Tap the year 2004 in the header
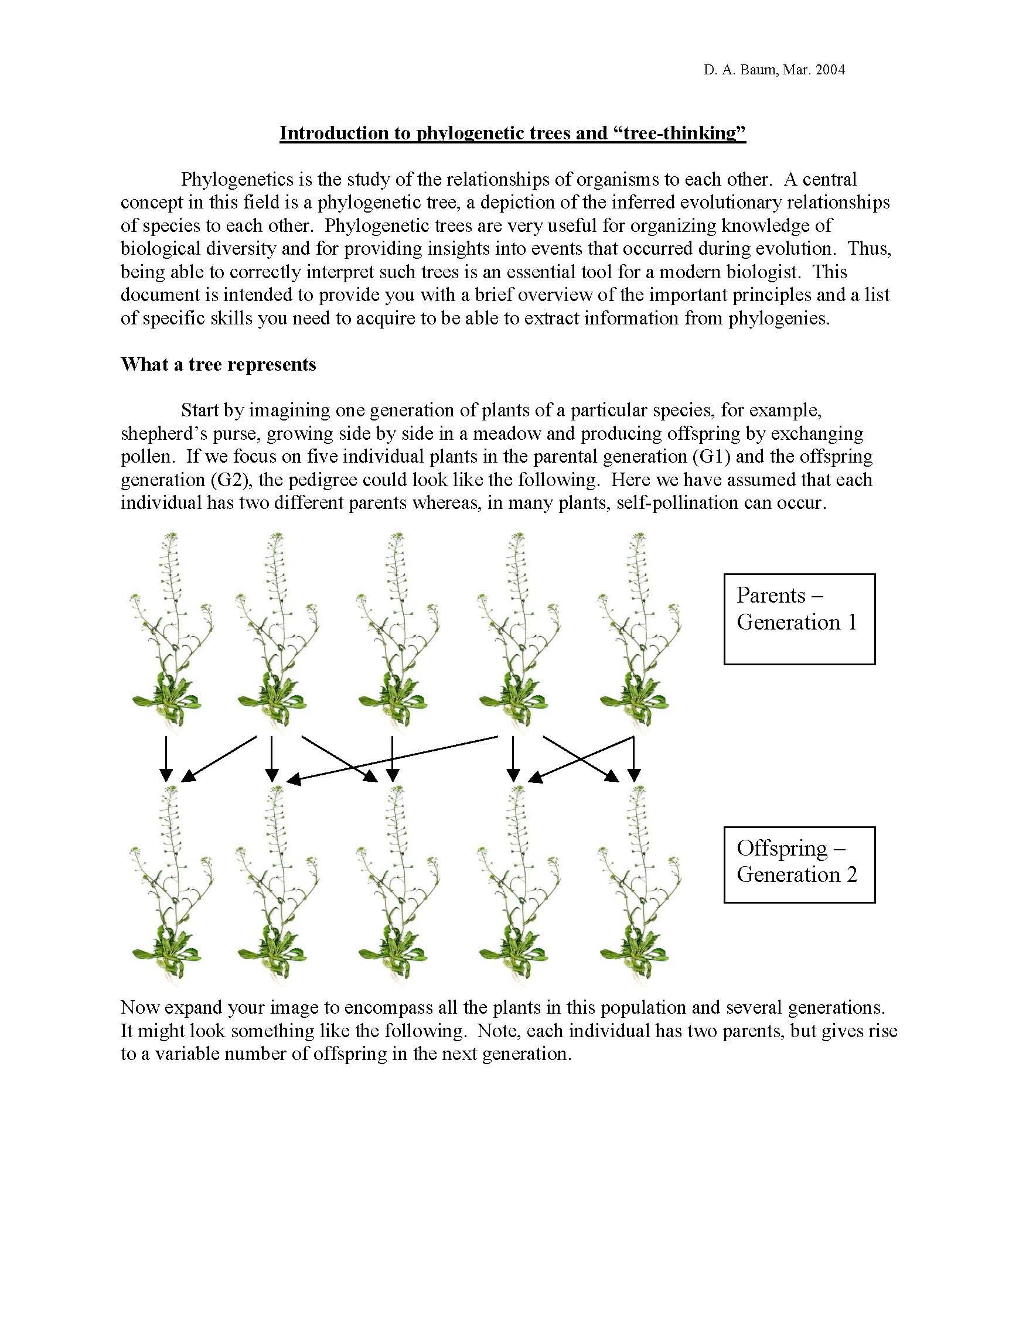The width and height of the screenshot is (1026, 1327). pyautogui.click(x=830, y=70)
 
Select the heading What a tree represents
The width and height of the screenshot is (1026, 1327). pyautogui.click(x=218, y=365)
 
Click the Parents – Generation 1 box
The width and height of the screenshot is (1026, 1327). pyautogui.click(x=799, y=618)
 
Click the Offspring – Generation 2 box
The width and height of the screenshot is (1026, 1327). pyautogui.click(x=799, y=864)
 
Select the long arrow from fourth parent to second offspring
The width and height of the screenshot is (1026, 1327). pyautogui.click(x=392, y=758)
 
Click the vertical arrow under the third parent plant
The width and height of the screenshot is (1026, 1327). pyautogui.click(x=393, y=759)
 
